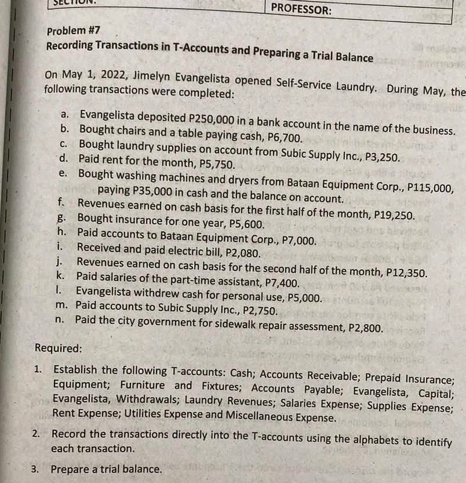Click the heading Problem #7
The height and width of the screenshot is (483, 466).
[x=68, y=31]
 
